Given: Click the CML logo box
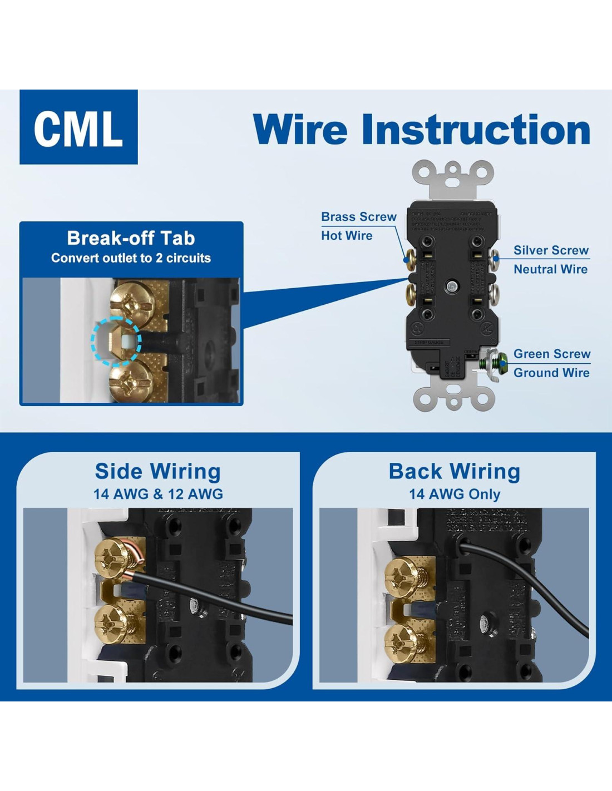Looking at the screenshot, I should [x=78, y=127].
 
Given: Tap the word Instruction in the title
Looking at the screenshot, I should [x=476, y=130].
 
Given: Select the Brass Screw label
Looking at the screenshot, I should [x=359, y=217].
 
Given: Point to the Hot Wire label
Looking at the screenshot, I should [x=347, y=236].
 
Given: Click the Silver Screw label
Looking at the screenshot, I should [x=551, y=250].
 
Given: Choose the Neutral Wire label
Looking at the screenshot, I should [x=550, y=269].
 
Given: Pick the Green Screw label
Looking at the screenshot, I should [x=551, y=354].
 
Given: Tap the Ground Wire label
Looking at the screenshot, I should [x=551, y=373].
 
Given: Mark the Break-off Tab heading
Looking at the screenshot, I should [x=131, y=238].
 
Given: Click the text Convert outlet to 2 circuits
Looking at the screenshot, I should [x=131, y=258].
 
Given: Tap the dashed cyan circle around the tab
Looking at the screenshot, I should [x=116, y=341].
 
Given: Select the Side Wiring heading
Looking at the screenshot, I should [x=158, y=471].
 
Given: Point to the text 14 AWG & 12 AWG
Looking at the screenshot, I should [x=158, y=494].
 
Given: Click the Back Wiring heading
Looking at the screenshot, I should [x=455, y=471].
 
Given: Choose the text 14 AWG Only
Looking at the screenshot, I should [x=455, y=494].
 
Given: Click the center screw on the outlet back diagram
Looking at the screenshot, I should [x=452, y=287].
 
